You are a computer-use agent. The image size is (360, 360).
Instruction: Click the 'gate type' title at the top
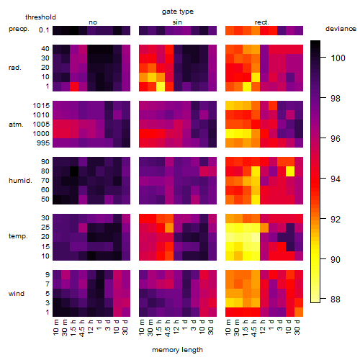click(x=178, y=12)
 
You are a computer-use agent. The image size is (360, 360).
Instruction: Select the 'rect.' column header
click(x=261, y=22)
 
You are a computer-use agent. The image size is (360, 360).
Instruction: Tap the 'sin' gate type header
click(x=177, y=22)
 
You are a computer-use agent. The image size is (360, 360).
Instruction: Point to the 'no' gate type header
click(x=93, y=22)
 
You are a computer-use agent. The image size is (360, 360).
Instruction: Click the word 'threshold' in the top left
click(x=40, y=17)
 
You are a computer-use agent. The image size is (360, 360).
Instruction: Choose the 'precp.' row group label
click(x=19, y=29)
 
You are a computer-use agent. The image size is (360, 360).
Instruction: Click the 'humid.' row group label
click(x=20, y=181)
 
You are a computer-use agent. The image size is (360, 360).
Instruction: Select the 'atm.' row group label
click(x=16, y=125)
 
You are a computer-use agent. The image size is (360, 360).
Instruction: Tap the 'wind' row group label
click(x=17, y=294)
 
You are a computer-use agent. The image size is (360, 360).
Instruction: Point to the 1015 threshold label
click(x=41, y=106)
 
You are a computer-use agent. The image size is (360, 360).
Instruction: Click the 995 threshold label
click(x=43, y=143)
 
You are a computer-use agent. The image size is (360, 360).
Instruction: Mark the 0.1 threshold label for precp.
click(x=44, y=30)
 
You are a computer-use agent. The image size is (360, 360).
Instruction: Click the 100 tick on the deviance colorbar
click(x=338, y=58)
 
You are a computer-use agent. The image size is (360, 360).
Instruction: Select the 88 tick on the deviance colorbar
click(x=336, y=300)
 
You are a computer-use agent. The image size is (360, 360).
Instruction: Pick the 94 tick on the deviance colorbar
click(x=336, y=179)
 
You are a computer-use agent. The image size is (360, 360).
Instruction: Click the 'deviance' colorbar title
click(x=341, y=29)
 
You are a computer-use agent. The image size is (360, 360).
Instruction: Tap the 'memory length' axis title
click(x=177, y=350)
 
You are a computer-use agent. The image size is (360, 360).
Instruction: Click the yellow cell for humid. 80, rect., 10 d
click(x=290, y=171)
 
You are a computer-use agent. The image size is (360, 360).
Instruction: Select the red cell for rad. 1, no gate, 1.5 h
click(x=74, y=86)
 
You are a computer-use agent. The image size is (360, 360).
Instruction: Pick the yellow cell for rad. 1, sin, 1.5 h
click(x=161, y=86)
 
